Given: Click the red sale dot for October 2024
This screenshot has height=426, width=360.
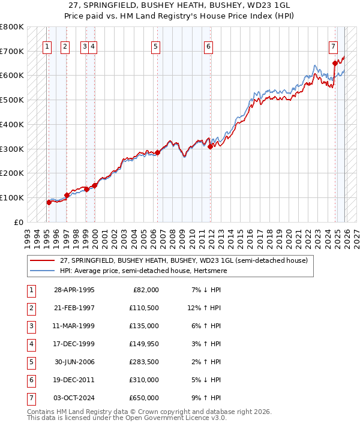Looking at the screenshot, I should pos(335,63).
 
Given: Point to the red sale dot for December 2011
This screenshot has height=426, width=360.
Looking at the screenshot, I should pos(210,146).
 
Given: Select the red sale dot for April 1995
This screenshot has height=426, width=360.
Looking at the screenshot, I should pos(49,202).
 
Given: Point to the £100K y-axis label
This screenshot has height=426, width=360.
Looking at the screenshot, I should pos(12,197).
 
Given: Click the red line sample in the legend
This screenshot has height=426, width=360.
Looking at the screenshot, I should pos(43,260).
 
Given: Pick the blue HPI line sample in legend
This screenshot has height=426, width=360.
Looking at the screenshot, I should pos(43,271).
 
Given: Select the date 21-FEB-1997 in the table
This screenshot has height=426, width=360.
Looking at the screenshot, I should pos(74,308).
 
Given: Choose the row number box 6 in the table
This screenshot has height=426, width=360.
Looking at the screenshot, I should pos(30,380).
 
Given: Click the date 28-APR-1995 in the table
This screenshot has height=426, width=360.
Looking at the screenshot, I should pos(74,290).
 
